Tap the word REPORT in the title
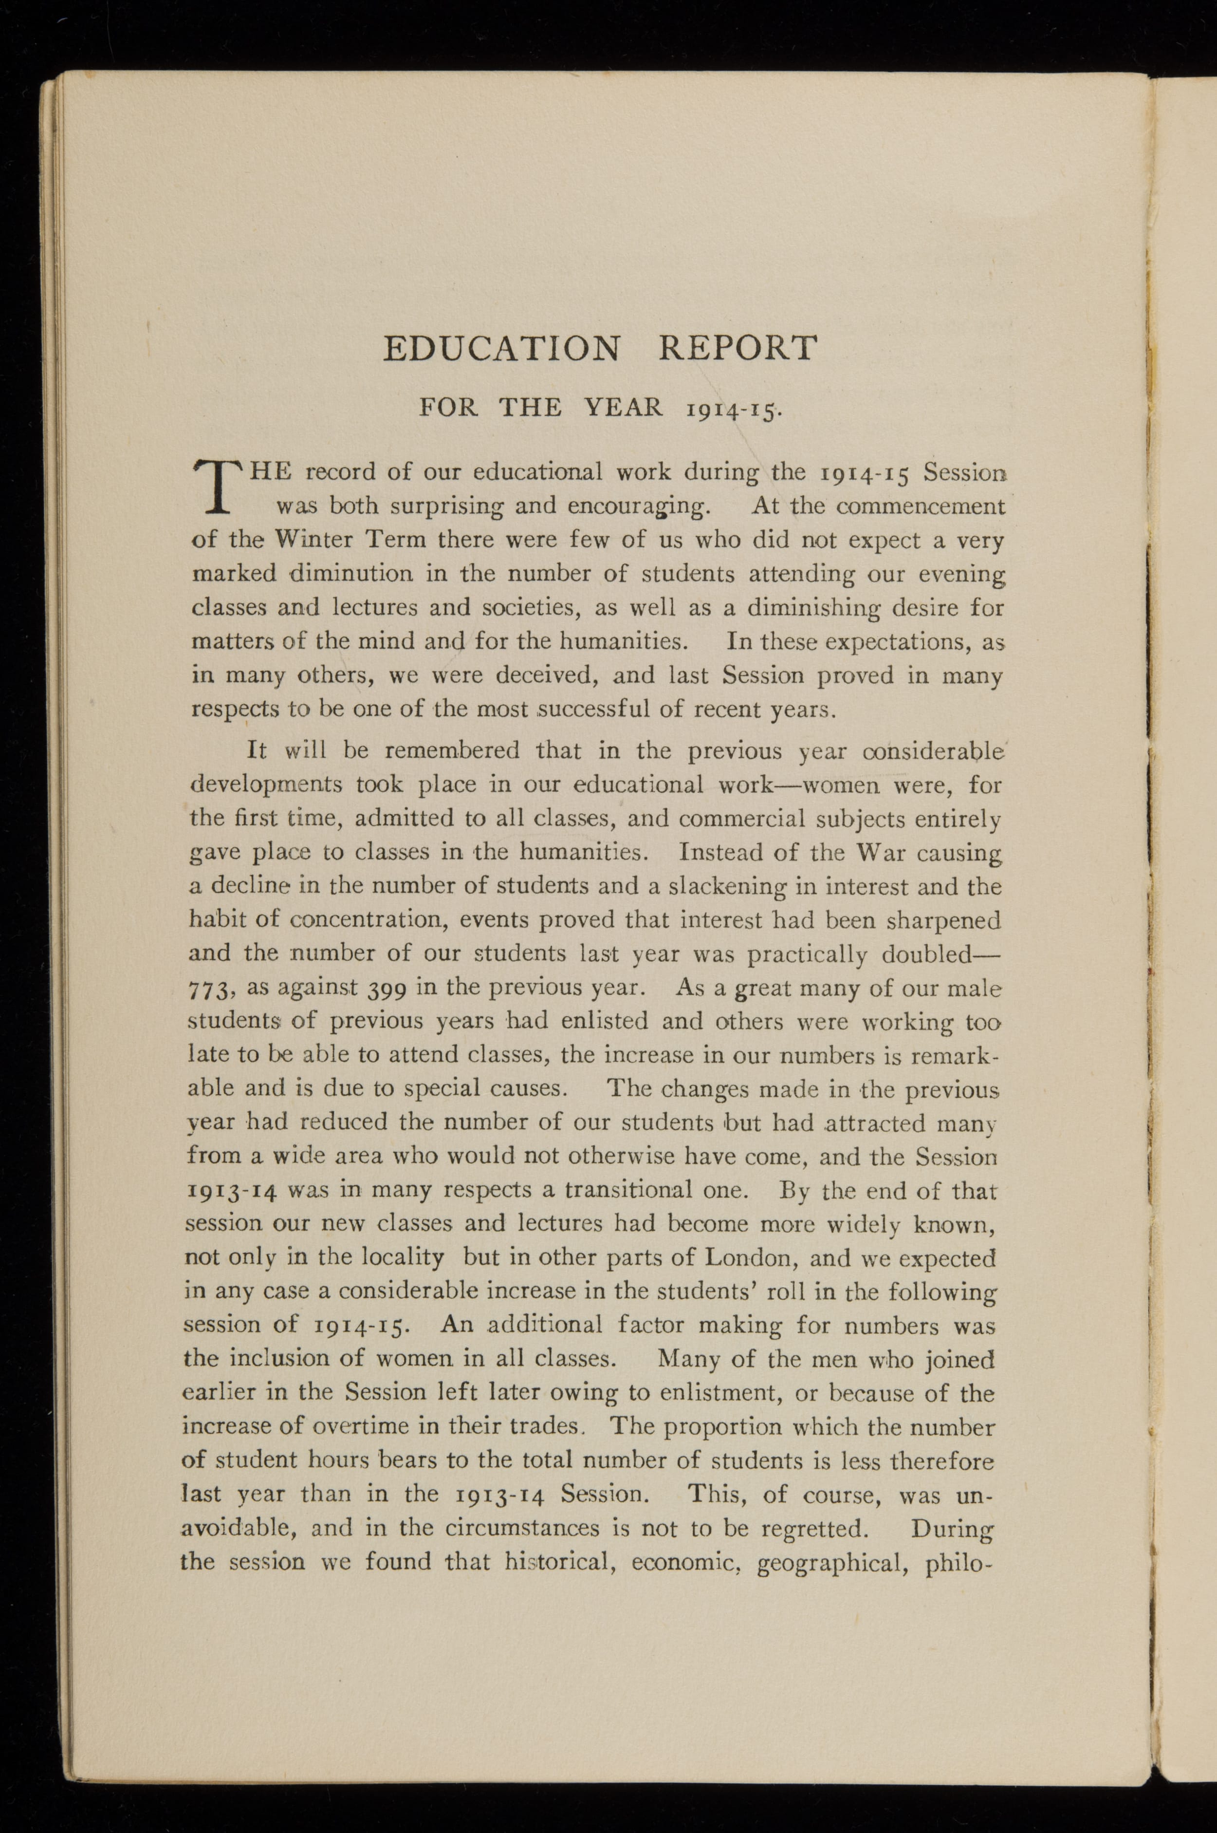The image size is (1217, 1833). point(738,349)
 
